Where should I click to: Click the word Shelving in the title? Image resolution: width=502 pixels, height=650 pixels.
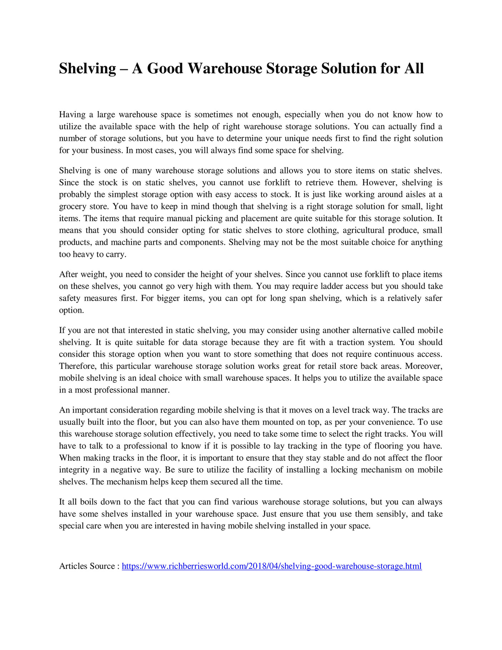pyautogui.click(x=87, y=68)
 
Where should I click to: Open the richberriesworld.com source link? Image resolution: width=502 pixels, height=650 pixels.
pyautogui.click(x=272, y=566)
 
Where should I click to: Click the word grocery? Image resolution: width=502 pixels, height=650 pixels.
pyautogui.click(x=72, y=207)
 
